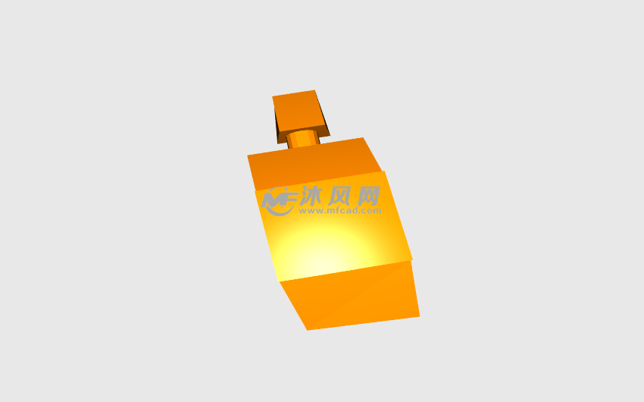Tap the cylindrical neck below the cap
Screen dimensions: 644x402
(303, 138)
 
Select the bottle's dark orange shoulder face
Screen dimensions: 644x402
(315, 165)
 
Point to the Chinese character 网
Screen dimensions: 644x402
(368, 196)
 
